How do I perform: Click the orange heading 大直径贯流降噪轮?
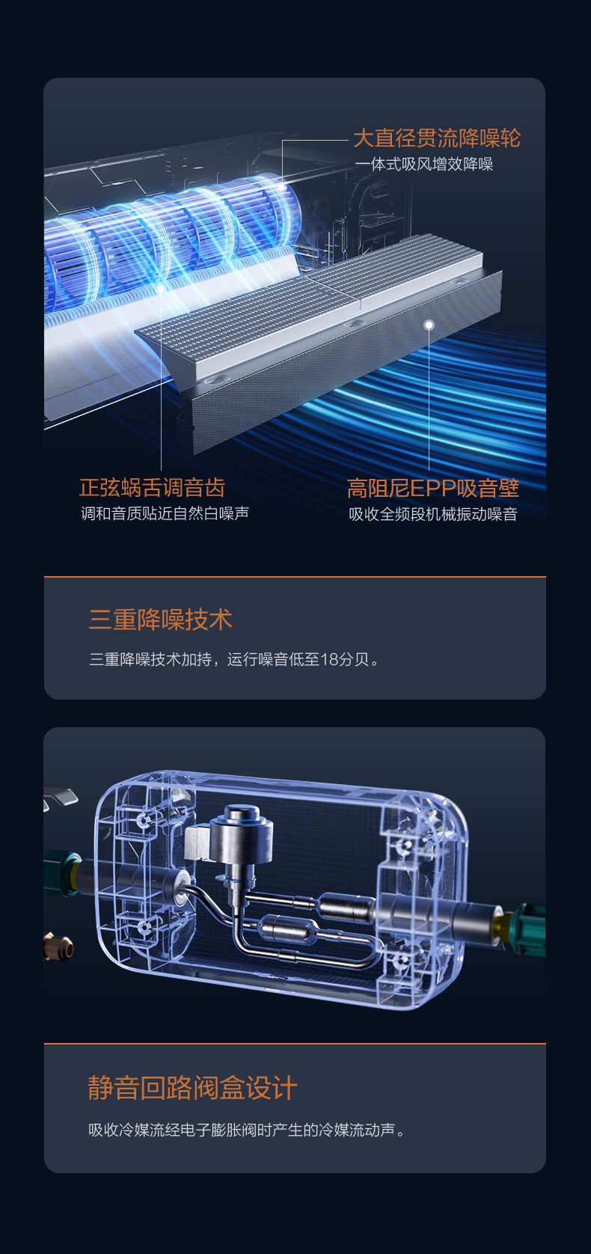[x=437, y=138]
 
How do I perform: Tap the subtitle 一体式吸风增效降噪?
[x=424, y=164]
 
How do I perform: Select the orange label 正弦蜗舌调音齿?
[x=152, y=488]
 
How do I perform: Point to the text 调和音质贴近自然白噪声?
[x=165, y=513]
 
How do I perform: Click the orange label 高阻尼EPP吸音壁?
[x=432, y=488]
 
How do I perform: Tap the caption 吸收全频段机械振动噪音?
[x=433, y=514]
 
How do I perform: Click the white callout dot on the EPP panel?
[x=429, y=325]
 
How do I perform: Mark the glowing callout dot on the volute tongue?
[x=161, y=289]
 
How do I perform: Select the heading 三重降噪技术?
[x=160, y=620]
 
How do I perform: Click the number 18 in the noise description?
[x=330, y=659]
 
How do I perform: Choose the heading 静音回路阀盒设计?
[x=192, y=1088]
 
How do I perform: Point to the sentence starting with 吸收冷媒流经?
[x=246, y=1131]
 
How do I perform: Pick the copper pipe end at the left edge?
[x=58, y=946]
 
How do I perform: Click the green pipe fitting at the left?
[x=63, y=873]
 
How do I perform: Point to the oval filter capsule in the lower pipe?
[x=287, y=930]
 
